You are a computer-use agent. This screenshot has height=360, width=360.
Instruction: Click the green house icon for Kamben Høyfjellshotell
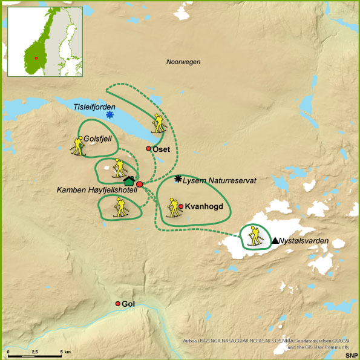[128, 180]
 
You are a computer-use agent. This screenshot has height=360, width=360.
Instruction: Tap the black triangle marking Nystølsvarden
[275, 240]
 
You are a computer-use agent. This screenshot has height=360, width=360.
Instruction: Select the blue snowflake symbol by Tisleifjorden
[110, 115]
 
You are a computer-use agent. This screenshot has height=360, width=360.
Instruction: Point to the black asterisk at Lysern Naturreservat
[178, 178]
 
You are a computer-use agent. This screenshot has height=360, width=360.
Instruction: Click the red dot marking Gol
[119, 304]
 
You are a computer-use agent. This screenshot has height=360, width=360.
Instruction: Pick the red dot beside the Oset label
[149, 149]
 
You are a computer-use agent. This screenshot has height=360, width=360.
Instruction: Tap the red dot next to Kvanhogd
[181, 206]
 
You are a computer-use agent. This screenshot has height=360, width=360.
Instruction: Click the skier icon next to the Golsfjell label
[77, 146]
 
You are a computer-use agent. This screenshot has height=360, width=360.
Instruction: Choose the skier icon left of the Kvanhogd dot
[172, 207]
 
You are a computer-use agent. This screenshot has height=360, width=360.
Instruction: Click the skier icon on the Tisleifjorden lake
[158, 123]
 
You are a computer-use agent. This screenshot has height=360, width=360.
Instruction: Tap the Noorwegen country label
[183, 62]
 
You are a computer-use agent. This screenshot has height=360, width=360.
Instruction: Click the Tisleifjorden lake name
[94, 106]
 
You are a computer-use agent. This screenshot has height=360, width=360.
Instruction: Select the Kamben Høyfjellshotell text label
[97, 191]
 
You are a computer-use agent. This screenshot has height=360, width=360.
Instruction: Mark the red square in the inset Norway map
[37, 58]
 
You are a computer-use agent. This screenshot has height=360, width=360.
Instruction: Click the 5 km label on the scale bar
[65, 352]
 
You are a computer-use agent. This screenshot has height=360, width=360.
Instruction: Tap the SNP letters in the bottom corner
[351, 355]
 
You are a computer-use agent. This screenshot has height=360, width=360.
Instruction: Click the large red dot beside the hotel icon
[140, 184]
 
